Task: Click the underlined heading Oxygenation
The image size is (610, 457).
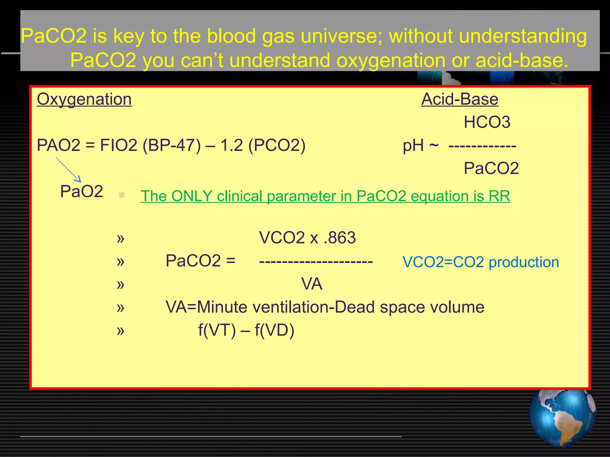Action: [84, 99]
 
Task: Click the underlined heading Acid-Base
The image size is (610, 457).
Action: [460, 99]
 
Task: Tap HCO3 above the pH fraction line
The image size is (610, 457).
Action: [487, 122]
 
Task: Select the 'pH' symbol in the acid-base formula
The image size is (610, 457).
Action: [413, 145]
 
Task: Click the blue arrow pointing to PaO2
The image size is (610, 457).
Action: [69, 170]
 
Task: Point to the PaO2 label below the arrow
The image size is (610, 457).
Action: [81, 191]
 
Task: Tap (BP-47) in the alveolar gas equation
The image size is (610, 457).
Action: [172, 145]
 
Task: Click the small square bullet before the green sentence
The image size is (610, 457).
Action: [122, 195]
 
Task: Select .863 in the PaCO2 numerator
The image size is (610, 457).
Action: [340, 238]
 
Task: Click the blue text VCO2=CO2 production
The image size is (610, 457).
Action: [480, 262]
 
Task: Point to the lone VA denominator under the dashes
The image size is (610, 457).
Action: [312, 284]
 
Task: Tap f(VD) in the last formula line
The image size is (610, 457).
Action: [274, 330]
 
